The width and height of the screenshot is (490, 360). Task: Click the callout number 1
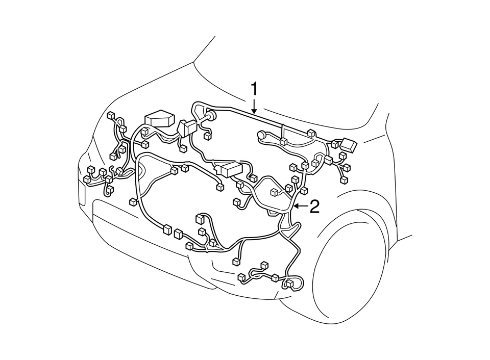tap(254, 90)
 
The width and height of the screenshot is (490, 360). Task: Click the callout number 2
tap(314, 207)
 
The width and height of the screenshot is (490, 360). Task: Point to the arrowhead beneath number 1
tap(254, 110)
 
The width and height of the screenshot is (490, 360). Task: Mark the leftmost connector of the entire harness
tap(86, 179)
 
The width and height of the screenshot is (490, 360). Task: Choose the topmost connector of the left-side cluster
tap(111, 116)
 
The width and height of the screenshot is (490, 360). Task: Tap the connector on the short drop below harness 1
tap(283, 141)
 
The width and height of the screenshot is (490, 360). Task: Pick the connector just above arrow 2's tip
tap(305, 191)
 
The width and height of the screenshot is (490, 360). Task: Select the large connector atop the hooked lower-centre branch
tap(200, 219)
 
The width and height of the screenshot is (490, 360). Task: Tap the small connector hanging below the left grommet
tap(207, 136)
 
